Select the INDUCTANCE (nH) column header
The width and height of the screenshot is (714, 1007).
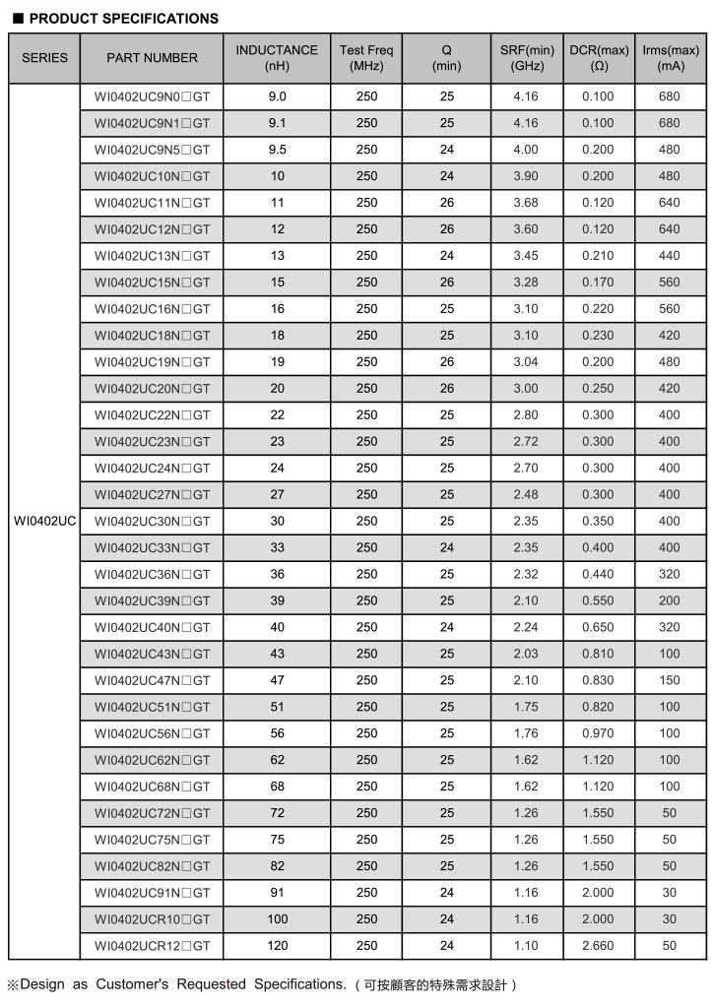pos(277,58)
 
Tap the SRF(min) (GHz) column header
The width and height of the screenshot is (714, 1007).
pos(527,58)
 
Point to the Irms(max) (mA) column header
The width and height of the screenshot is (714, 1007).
pos(670,58)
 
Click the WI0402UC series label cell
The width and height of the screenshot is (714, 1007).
pos(45,521)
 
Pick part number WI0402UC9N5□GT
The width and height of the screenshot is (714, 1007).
pos(152,150)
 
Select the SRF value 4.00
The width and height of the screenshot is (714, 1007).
pos(527,150)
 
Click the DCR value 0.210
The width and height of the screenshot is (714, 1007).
pos(597,256)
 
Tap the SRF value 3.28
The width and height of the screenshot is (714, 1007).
pos(527,283)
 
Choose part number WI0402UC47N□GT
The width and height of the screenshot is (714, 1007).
pos(152,680)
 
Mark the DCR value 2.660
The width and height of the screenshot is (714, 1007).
pos(597,946)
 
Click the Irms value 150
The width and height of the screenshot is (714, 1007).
pos(670,680)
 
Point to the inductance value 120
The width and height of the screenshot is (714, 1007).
pos(277,946)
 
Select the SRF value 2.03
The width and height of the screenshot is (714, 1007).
pos(527,654)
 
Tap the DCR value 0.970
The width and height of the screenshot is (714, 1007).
pos(597,733)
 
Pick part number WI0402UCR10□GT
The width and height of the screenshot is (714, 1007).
pos(152,919)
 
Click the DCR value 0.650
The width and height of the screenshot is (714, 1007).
pos(597,627)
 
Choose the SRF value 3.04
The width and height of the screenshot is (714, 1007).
pos(527,362)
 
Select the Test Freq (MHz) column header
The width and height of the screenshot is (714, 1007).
pos(366,58)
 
